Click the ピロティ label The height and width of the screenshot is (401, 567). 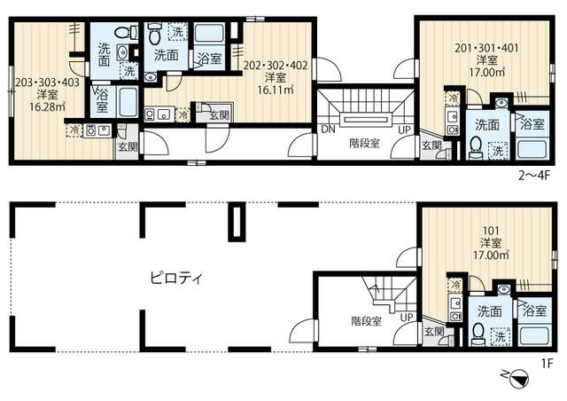(177, 279)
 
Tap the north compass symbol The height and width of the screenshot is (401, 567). (517, 378)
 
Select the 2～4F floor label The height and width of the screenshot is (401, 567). (534, 176)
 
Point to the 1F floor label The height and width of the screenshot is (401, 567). (548, 363)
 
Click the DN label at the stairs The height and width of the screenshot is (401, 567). (328, 129)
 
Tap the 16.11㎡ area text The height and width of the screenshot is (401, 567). (276, 90)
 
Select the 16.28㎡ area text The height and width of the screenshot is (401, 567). (47, 106)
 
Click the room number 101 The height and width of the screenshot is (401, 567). (491, 231)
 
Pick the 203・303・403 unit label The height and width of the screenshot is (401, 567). (47, 83)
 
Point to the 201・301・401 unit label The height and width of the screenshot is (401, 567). (486, 47)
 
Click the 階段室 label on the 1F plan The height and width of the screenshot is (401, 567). (366, 321)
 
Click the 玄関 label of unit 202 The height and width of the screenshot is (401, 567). (220, 115)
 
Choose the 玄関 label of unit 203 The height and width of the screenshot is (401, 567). (128, 146)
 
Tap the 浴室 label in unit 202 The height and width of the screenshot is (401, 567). (210, 58)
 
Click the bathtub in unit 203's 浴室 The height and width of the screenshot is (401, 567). (128, 102)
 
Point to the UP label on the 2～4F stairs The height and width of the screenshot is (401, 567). (404, 130)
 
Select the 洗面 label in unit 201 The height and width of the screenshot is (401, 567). (487, 124)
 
